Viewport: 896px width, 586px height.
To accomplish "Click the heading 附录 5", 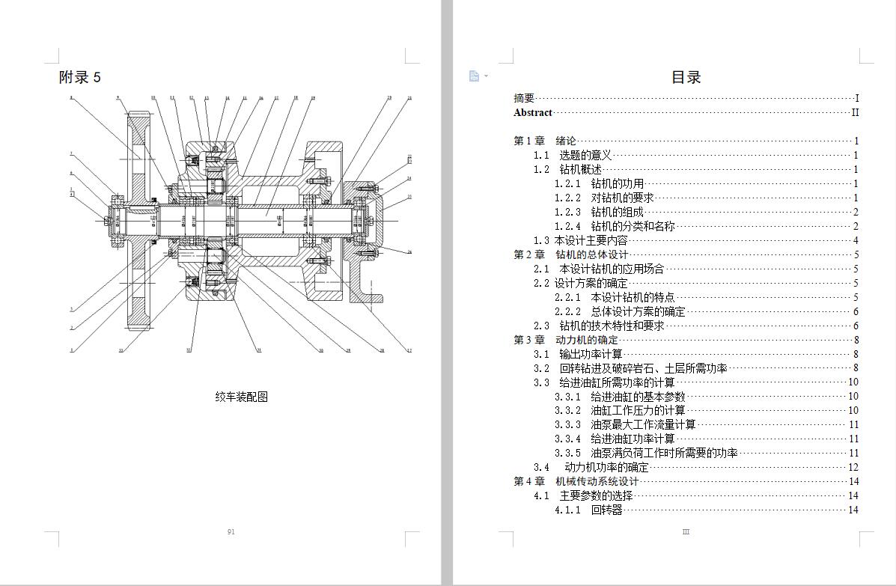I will coord(79,77).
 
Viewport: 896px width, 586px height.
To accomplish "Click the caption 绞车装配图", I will coord(241,397).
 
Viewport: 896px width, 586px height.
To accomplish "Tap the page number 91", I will coord(231,532).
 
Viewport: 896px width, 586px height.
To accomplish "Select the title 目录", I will coord(686,77).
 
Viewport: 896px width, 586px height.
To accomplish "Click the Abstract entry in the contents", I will coord(533,113).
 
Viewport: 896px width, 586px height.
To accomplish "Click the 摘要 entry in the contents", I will coord(524,98).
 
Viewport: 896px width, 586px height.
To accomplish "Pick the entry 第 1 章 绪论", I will coord(545,141).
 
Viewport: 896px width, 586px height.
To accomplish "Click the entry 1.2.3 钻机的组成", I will coord(599,212).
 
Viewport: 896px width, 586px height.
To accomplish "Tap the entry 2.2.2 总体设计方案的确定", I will coord(620,311).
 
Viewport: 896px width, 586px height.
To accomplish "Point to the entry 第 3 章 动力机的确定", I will coord(565,340).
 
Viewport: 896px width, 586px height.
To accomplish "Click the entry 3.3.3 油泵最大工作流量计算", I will coord(625,424).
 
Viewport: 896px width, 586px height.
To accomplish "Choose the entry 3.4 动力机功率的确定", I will coord(591,467).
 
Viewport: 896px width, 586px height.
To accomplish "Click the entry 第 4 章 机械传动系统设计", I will coord(576,481).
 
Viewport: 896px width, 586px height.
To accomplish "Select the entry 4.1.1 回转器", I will coord(588,510).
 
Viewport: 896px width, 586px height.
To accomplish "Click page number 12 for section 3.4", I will coord(853,467).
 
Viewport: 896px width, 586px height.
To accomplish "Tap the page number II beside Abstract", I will coord(855,113).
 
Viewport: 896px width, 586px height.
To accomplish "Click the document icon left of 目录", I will coord(474,76).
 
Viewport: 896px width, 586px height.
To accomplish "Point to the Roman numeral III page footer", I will coord(686,532).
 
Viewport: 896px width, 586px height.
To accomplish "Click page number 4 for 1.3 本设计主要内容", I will coord(856,240).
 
